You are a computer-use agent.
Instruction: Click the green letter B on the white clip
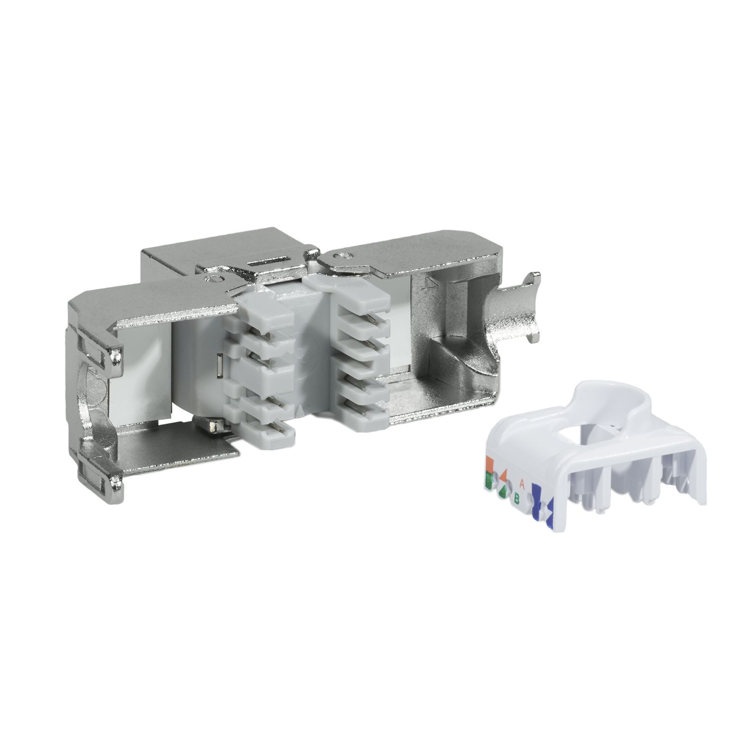click(516, 499)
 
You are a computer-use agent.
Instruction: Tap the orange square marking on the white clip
click(490, 464)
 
